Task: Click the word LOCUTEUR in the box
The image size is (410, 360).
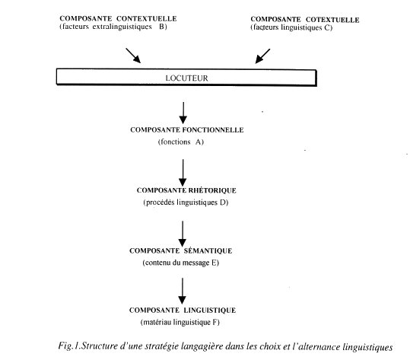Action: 186,78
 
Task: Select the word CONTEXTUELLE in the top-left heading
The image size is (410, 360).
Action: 146,18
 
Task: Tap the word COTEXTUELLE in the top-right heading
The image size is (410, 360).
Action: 332,20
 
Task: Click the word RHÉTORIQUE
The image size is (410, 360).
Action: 212,190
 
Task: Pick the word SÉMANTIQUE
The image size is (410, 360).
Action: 208,250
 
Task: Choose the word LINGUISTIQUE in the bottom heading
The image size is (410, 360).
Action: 209,311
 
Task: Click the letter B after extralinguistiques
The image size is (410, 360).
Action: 162,27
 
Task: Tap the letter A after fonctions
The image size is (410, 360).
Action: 199,142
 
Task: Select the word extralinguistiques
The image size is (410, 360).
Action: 122,27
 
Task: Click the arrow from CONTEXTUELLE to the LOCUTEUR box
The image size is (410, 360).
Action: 133,56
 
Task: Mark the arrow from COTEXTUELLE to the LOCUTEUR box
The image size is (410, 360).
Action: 262,56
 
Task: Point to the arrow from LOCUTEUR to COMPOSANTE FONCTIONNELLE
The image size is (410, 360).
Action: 183,113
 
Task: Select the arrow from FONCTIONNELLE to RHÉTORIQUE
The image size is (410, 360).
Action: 183,173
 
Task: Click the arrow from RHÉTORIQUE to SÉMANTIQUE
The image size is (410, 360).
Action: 183,234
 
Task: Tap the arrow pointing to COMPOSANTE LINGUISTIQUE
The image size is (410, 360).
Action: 183,291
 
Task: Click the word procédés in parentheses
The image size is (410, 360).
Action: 160,202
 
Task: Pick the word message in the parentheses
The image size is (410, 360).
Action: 195,263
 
